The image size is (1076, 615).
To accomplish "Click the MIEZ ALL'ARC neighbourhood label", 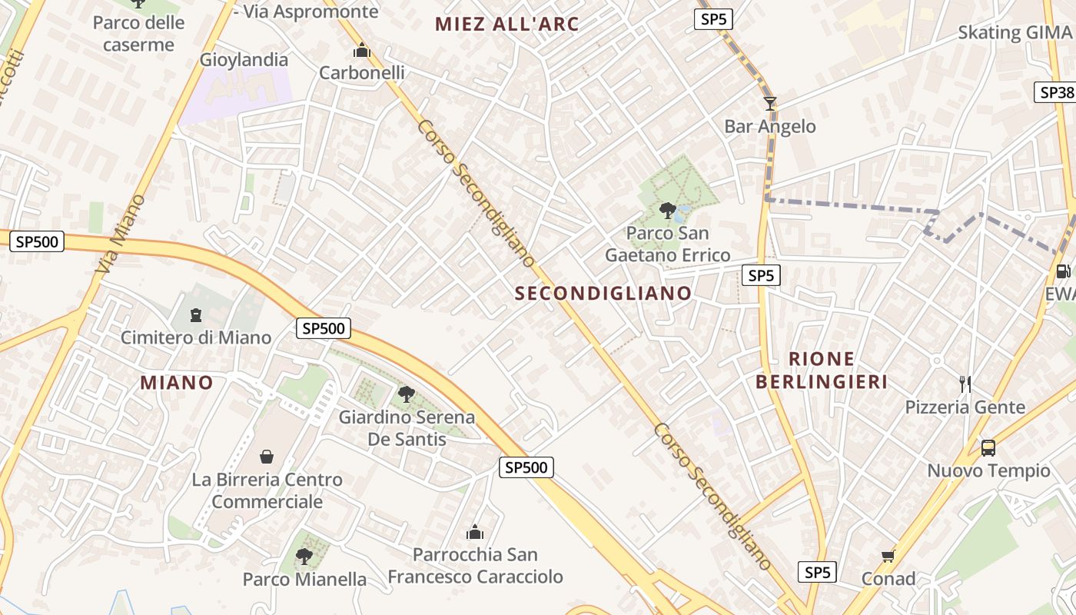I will [x=506, y=24].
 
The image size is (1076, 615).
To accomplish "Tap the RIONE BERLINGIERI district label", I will [x=822, y=370].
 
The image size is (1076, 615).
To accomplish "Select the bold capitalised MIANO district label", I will [x=177, y=382].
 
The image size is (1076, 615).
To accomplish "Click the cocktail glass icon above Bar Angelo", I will [x=770, y=104].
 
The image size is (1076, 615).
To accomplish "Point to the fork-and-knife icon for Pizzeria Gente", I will [x=965, y=384].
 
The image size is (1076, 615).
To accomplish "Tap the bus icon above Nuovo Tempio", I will [x=988, y=447].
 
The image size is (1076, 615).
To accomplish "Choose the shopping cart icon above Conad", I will [x=888, y=556].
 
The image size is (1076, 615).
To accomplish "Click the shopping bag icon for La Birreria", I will [x=267, y=457].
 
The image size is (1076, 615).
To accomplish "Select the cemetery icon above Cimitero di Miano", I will [x=196, y=315].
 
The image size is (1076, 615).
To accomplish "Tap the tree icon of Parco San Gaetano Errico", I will [x=668, y=210].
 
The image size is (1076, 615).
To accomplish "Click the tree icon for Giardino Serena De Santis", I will [x=407, y=394].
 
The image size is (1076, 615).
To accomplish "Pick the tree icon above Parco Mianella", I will [x=304, y=556].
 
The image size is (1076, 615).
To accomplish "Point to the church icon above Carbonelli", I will [x=361, y=51].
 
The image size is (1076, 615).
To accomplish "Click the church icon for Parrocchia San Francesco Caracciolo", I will [x=475, y=532].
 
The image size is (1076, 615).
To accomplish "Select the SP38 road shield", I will [x=1054, y=92].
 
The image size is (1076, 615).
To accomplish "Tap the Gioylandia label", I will [x=244, y=59].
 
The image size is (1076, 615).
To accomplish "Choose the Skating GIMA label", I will [x=1014, y=32].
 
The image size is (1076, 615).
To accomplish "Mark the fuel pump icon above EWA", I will [x=1064, y=271].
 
